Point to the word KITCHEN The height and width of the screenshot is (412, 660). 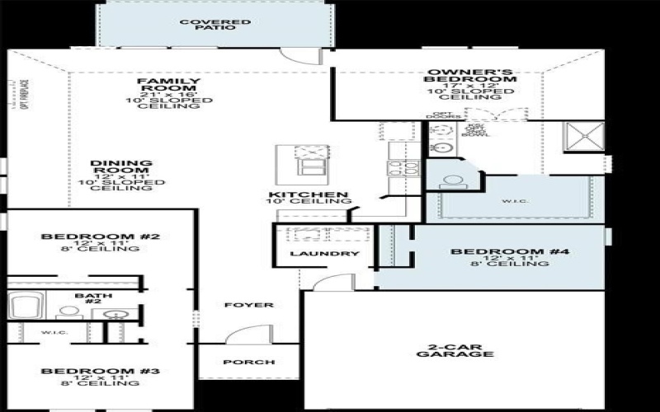tap(307, 195)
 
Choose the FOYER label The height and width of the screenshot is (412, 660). tap(248, 305)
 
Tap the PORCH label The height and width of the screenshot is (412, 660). tap(249, 363)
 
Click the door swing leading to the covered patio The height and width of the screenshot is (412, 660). tap(299, 54)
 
